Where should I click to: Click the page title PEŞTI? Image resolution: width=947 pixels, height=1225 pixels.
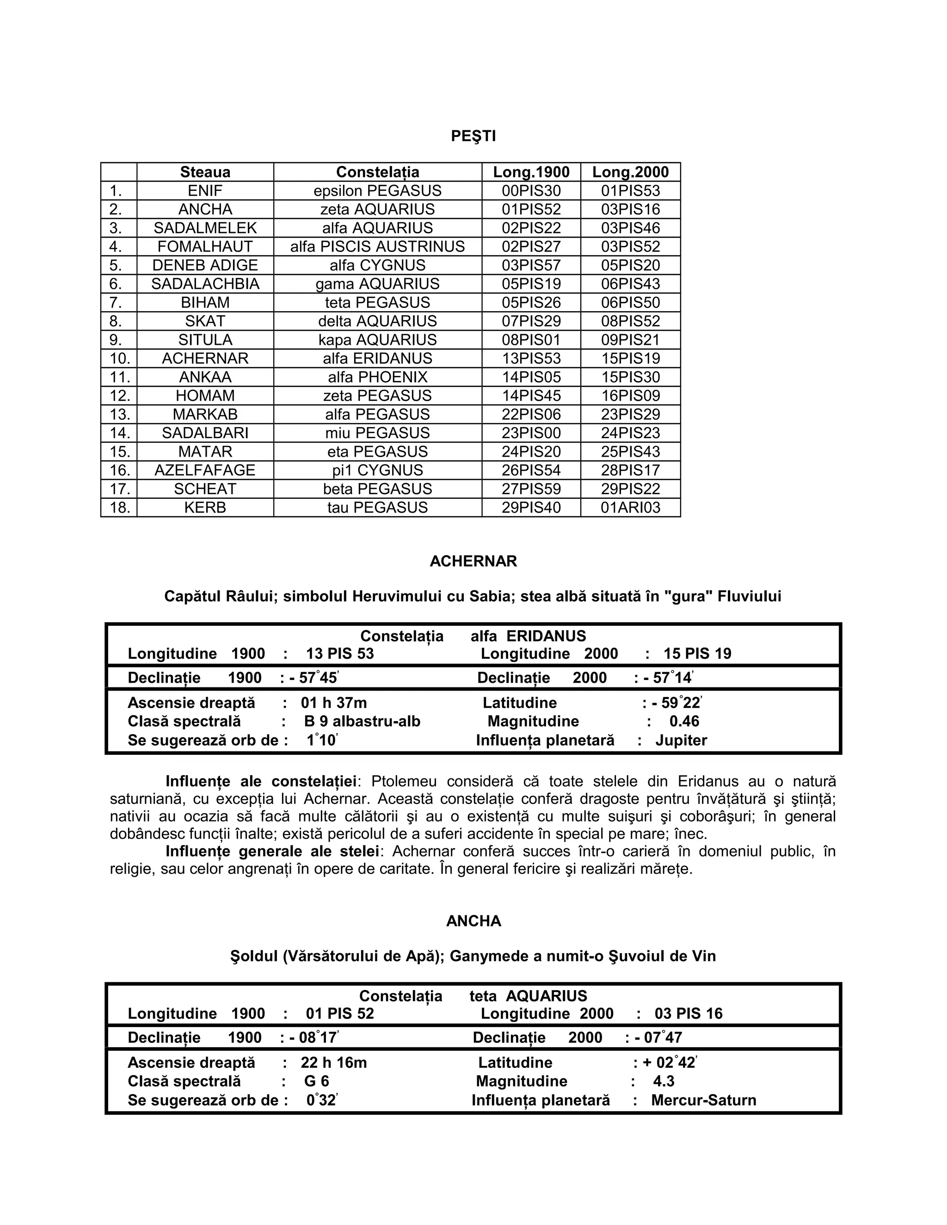(473, 136)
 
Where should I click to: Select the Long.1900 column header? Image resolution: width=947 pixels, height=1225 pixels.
(531, 172)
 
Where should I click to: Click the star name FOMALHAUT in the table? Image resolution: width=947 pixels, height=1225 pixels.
(205, 246)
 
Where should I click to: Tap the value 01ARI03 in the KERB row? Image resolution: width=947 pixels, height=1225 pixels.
(630, 508)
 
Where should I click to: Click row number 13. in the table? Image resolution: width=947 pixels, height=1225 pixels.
(119, 415)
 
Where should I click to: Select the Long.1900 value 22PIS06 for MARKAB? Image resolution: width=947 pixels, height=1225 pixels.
(531, 415)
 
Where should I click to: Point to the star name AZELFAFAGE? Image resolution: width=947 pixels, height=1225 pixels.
(205, 470)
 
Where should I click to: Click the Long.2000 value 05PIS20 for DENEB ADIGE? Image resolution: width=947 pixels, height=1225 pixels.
(630, 265)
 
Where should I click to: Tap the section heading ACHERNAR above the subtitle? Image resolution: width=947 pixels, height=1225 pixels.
(473, 562)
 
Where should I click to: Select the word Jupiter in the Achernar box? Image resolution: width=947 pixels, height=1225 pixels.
(681, 741)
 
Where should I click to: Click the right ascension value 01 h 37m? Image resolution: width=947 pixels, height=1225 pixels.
(334, 703)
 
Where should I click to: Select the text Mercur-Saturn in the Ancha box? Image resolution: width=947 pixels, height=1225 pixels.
(703, 1101)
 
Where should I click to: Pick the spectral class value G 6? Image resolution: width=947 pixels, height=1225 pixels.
(316, 1081)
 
